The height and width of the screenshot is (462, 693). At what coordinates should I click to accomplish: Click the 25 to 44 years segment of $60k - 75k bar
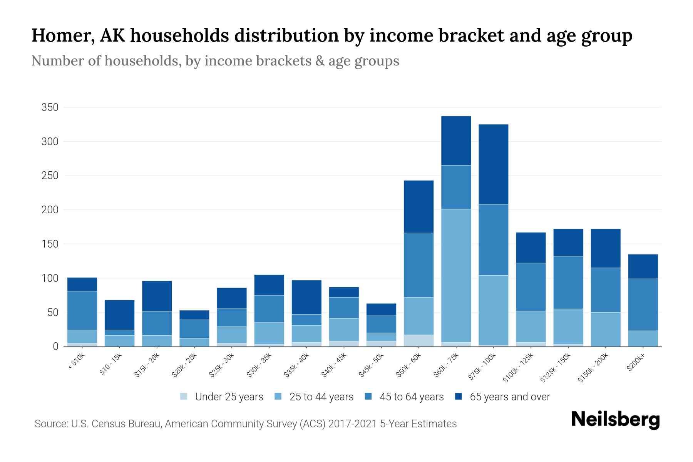(x=456, y=275)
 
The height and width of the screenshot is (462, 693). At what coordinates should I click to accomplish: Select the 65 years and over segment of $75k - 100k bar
(x=493, y=164)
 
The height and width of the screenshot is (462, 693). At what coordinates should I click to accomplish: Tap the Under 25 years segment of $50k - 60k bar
(x=418, y=340)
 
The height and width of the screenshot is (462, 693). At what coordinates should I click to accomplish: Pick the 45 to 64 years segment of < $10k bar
(x=82, y=310)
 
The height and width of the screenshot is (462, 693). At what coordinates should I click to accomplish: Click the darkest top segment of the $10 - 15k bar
(x=119, y=315)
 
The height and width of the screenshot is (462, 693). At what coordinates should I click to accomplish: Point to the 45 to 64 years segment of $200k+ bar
(x=643, y=305)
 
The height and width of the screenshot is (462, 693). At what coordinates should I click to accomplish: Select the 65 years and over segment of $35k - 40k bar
(x=306, y=297)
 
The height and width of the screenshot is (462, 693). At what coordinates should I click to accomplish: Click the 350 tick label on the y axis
(x=50, y=107)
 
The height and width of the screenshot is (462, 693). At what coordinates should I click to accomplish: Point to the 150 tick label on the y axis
(x=50, y=244)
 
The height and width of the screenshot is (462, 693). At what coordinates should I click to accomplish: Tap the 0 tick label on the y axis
(x=55, y=346)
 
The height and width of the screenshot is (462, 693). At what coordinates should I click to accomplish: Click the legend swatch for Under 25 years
(x=184, y=397)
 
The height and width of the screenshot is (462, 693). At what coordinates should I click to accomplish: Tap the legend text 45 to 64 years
(x=412, y=397)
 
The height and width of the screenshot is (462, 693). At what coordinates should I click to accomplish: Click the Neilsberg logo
(x=615, y=419)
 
